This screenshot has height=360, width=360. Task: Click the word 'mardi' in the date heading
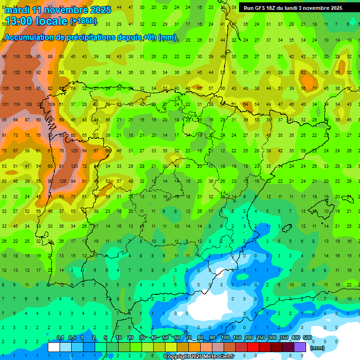(x=18, y=10)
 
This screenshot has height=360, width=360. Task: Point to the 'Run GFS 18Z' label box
(x=292, y=8)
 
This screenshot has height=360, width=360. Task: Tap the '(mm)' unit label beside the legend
(x=317, y=348)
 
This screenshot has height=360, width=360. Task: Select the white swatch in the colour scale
(x=54, y=347)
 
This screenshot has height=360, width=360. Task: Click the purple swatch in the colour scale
(x=300, y=347)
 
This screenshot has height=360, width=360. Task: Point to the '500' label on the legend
(x=307, y=337)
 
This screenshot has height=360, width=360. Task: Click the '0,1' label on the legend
(x=60, y=337)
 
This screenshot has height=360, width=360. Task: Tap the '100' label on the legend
(x=225, y=337)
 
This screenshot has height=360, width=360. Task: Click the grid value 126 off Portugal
(x=62, y=181)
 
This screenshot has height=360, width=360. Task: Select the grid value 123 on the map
(x=74, y=166)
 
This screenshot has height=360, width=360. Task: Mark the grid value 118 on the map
(x=17, y=57)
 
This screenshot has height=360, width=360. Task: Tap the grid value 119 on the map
(x=17, y=105)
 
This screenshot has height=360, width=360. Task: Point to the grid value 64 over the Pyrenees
(x=245, y=105)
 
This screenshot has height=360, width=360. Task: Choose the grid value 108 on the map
(x=28, y=105)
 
